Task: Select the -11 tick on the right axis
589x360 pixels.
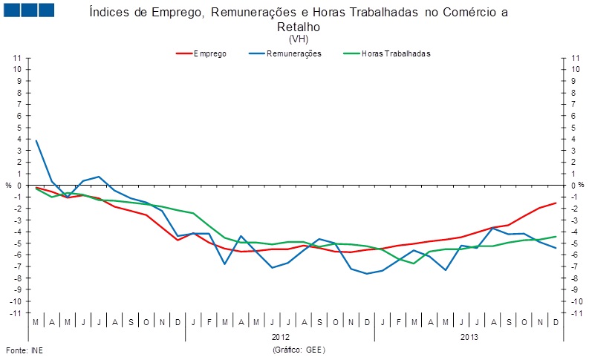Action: [x=574, y=313]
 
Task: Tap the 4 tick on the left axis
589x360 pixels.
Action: [x=19, y=139]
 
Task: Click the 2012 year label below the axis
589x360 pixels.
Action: [x=280, y=336]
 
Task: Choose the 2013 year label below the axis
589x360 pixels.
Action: [x=469, y=336]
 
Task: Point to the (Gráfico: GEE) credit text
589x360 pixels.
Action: [x=299, y=349]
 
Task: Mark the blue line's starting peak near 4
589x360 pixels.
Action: [x=36, y=140]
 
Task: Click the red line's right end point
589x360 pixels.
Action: [x=556, y=203]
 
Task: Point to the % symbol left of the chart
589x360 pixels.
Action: [x=9, y=186]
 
